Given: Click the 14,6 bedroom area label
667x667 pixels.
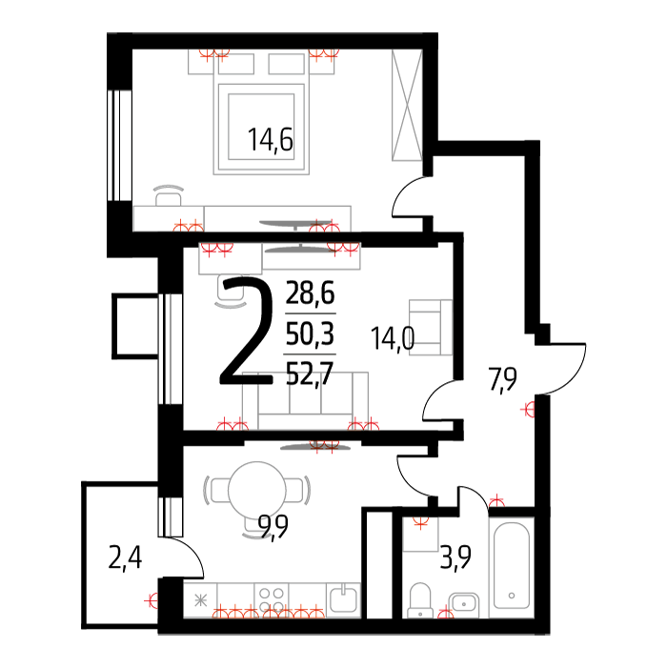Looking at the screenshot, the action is pos(270,139).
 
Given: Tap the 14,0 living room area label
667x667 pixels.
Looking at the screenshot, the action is pos(393,338).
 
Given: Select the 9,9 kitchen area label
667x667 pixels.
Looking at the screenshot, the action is pos(273,526).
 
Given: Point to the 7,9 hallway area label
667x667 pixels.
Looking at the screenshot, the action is pos(502,379).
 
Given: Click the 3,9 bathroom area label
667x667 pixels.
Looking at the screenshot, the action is pos(455,557).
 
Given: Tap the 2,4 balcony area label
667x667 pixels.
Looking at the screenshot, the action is pos(125,558).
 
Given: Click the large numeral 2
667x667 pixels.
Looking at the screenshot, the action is pos(247,331).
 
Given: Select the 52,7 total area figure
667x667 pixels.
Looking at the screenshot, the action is pos(310,374).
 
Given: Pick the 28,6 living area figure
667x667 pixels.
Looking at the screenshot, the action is pos(310,293).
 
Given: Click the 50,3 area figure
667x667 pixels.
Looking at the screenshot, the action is pos(310,333).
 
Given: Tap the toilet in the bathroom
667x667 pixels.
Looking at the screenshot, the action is pos(420,600).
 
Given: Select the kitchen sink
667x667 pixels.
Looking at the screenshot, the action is pos(344,599).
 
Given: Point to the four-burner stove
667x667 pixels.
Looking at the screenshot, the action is pos(272,599).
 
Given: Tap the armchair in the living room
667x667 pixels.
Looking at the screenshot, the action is pos(431,327).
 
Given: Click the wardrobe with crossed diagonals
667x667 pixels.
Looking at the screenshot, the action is pos(407,105).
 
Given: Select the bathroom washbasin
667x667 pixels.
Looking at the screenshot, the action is pos(464,603).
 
